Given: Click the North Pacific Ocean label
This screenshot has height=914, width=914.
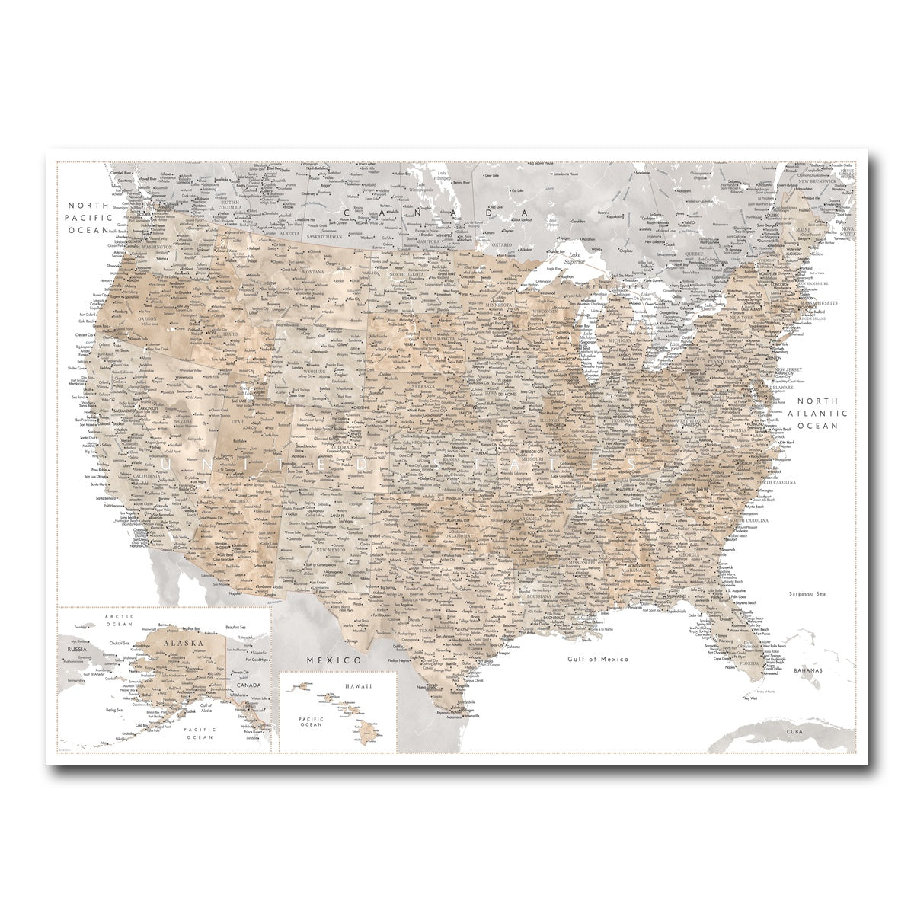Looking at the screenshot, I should coord(91,217).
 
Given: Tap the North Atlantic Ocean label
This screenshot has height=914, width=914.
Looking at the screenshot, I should coord(817,413).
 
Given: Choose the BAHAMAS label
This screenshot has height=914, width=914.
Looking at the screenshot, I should coord(807,670).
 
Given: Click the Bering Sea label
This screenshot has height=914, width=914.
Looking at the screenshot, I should coord(114,710).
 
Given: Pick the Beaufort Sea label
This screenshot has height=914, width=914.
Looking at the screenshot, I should coord(237,627).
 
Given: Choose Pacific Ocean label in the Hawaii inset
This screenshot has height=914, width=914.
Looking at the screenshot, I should coord(312,721).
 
